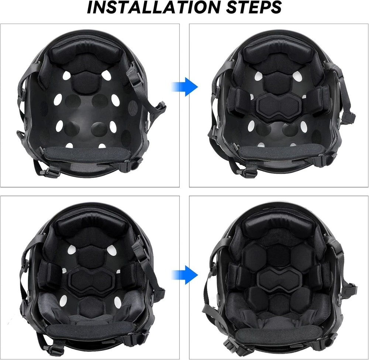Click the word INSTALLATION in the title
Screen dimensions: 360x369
pos(148,8)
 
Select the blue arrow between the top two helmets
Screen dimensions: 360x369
pos(184,87)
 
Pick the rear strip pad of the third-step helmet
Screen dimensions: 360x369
pos(87,332)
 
